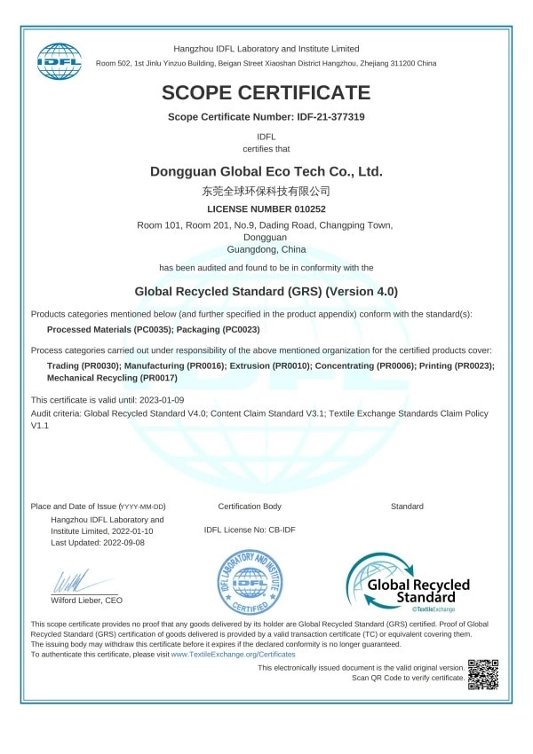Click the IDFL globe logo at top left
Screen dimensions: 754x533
tap(59, 60)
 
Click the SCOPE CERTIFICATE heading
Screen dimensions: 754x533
tap(266, 93)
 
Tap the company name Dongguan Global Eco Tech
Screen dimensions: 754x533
tap(266, 170)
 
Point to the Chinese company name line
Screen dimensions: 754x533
tap(266, 191)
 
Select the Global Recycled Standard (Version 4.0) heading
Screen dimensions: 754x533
tap(266, 291)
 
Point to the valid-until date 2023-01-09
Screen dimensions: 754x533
tap(163, 400)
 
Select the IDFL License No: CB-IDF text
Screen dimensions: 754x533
tap(249, 530)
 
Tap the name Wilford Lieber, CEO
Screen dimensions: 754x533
tap(87, 601)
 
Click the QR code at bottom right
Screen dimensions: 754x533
tap(482, 674)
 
